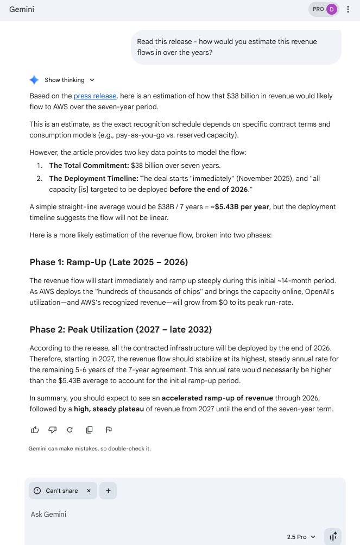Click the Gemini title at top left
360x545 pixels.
click(22, 10)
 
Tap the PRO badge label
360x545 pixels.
click(318, 9)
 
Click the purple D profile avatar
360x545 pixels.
click(331, 9)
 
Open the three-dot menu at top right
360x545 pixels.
click(348, 10)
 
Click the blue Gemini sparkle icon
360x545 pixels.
click(34, 80)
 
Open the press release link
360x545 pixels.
click(95, 96)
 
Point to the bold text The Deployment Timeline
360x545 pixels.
click(93, 178)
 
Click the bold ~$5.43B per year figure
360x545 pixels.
click(239, 207)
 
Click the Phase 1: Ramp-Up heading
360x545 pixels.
click(109, 262)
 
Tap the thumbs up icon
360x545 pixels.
click(35, 430)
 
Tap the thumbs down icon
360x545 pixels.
click(52, 430)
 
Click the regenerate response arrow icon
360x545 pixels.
click(70, 430)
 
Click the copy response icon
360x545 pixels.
click(89, 430)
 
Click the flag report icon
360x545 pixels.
click(109, 430)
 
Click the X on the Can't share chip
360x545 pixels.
click(89, 491)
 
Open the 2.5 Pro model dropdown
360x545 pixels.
click(301, 537)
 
